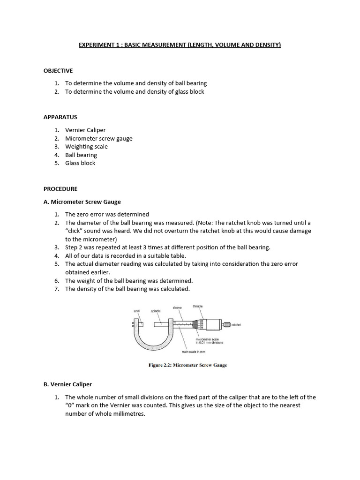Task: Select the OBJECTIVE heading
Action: [x=58, y=71]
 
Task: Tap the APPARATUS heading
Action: [x=60, y=117]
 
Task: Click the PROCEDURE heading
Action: [x=60, y=189]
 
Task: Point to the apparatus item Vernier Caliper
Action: [x=85, y=130]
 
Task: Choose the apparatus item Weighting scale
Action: [x=86, y=146]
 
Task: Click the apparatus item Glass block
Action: [x=80, y=163]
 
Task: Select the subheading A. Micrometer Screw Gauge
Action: [x=82, y=202]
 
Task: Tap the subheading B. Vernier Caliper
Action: [x=67, y=384]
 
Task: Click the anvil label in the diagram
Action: [x=137, y=311]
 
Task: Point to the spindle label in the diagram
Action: [x=156, y=311]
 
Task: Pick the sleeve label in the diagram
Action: [x=177, y=307]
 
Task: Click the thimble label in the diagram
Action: [x=198, y=306]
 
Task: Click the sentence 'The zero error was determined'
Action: [x=107, y=214]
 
